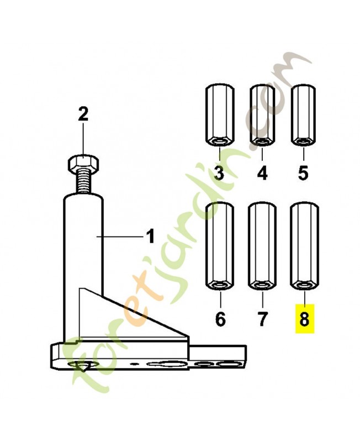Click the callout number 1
151,236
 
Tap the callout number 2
83,114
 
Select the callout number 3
219,173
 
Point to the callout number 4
262,173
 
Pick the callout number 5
303,173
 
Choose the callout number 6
220,319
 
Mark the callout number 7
262,319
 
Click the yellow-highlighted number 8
304,319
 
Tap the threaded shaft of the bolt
83,183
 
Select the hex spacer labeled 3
219,115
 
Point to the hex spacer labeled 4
262,115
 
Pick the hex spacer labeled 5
303,115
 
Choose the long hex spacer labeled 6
220,246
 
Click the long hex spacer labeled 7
262,246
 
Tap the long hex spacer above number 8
304,246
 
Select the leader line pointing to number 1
120,237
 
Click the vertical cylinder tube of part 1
82,265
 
